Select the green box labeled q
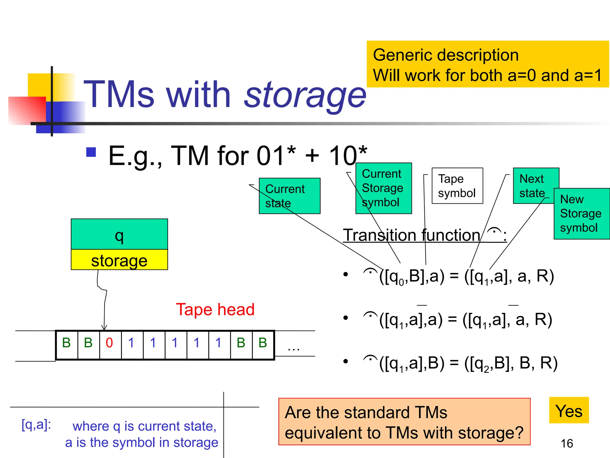[119, 234]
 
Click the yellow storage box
[119, 260]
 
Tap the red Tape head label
[215, 310]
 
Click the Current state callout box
[290, 196]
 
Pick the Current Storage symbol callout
[384, 188]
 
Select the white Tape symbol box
[457, 186]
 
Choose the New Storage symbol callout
[581, 213]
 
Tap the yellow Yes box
[569, 411]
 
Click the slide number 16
[567, 444]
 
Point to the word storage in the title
[305, 95]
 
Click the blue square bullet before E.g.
[91, 152]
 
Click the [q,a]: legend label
[36, 425]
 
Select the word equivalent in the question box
[332, 433]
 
